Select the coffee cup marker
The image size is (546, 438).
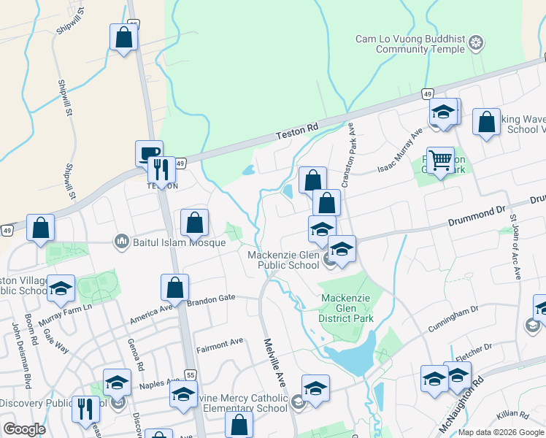point(149,153)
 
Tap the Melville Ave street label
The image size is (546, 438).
point(274,361)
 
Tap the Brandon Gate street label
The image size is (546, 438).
point(211,299)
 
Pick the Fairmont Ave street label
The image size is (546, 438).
point(219,342)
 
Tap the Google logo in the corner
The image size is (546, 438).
point(24,429)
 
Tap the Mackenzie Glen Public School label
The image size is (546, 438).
point(284,260)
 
